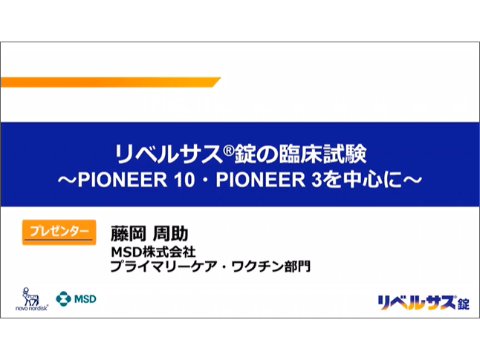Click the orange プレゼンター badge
[59, 232]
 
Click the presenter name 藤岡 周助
[149, 234]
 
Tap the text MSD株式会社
[153, 252]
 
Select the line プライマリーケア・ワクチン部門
[210, 266]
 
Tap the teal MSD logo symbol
[63, 299]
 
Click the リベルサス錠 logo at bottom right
[424, 303]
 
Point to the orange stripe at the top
[111, 82]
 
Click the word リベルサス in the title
[167, 155]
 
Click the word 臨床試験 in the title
[322, 155]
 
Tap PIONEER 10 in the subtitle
[136, 180]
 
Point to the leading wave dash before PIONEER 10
[68, 180]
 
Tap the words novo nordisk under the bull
[32, 308]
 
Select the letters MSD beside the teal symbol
[85, 299]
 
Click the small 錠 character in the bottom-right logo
[464, 304]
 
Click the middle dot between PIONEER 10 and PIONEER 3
[205, 180]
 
